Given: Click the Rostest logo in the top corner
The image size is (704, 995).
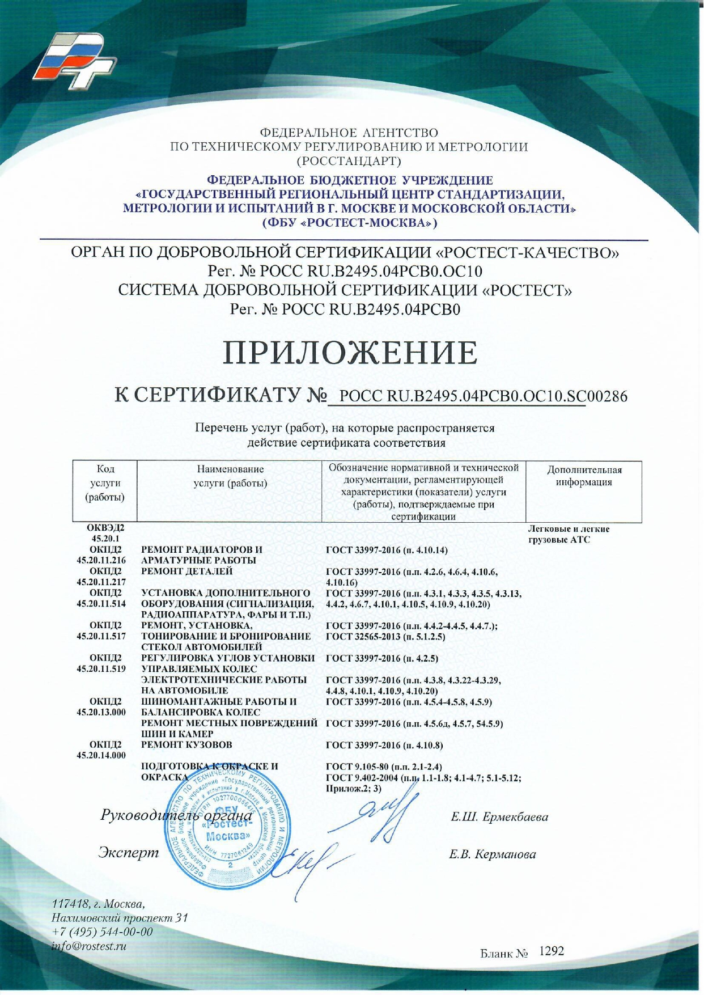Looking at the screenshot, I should (74, 57).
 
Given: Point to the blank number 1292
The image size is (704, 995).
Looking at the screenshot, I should (551, 951).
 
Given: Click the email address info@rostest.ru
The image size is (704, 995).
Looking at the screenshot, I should (88, 946).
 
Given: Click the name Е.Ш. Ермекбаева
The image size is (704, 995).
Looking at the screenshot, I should (499, 817).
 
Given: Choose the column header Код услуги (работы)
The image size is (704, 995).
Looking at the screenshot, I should (105, 483).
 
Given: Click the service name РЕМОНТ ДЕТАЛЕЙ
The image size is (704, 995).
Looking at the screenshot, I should (186, 571).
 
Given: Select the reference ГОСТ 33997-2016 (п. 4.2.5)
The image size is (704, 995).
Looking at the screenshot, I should (382, 659).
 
